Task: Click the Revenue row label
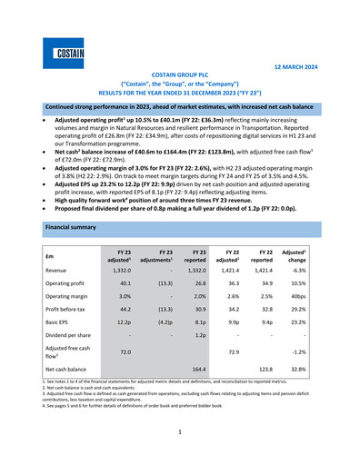tap(62, 271)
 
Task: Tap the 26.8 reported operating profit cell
tap(205, 283)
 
